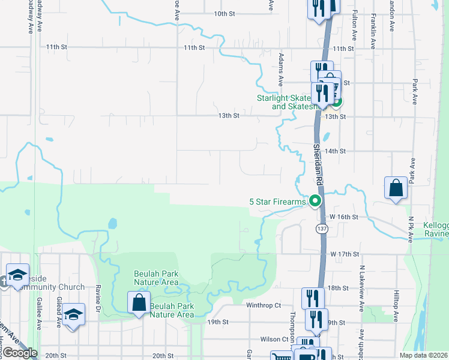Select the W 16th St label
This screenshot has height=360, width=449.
pos(345,216)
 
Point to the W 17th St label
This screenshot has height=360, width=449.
pos(345,254)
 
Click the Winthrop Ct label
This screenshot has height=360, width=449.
pos(264,305)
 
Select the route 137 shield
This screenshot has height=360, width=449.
pos(322,229)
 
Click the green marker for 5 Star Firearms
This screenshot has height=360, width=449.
pos(315,202)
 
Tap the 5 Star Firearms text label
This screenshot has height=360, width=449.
pos(277,202)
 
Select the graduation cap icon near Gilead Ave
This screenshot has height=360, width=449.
pos(73,314)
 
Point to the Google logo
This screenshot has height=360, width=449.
pos(20,353)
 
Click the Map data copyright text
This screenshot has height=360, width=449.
pos(423,355)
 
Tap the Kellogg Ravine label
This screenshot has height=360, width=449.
pos(436,229)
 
